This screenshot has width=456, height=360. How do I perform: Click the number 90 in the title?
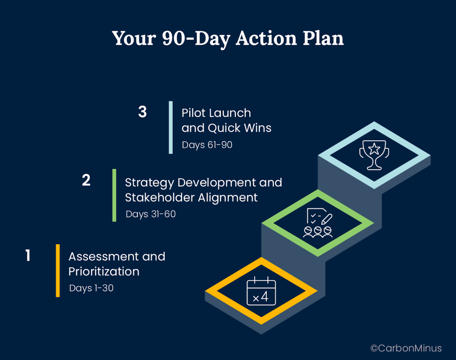174,38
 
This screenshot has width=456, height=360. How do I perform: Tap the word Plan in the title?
323,38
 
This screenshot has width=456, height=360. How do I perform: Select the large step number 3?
142,112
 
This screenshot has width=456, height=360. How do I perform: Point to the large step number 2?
86,180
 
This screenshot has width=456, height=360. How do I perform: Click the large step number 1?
28,255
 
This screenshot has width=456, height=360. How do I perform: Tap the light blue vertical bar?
171,127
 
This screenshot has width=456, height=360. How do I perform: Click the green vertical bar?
114,195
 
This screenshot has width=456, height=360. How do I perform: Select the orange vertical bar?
58,270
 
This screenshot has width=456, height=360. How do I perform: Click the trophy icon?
374,155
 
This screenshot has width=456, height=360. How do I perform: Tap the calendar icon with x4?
261,291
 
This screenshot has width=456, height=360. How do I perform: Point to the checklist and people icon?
318,223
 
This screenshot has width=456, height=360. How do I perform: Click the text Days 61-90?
207,145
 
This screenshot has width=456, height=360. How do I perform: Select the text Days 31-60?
151,214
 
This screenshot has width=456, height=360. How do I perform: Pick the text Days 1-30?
91,288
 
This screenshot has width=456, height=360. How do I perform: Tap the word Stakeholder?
160,198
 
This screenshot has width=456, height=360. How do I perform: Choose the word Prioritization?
104,271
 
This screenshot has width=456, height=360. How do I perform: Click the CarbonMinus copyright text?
406,348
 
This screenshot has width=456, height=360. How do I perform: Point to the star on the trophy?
374,149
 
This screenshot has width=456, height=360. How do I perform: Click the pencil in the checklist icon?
327,219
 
